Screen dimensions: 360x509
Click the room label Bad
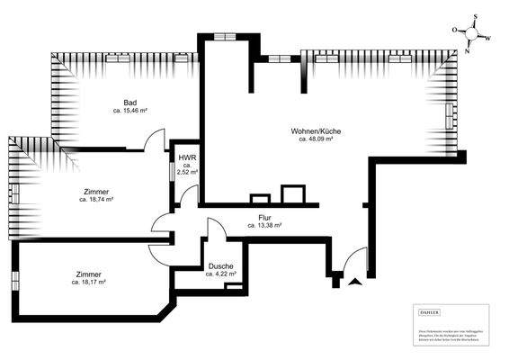[130, 103]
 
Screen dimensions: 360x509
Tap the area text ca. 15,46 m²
[130, 111]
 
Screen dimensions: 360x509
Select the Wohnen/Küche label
[316, 131]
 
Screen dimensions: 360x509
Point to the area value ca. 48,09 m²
[317, 139]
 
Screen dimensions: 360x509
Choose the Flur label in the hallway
[264, 218]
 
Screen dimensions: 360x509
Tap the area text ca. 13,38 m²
[264, 226]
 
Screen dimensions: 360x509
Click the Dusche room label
[221, 265]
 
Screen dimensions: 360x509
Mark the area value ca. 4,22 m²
[222, 274]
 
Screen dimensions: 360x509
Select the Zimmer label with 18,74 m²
[95, 192]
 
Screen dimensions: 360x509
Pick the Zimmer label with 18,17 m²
[88, 274]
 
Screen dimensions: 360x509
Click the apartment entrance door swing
[356, 259]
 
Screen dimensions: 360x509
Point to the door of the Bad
[156, 139]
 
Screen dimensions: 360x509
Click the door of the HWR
[189, 193]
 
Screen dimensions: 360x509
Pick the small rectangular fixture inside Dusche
[235, 286]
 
